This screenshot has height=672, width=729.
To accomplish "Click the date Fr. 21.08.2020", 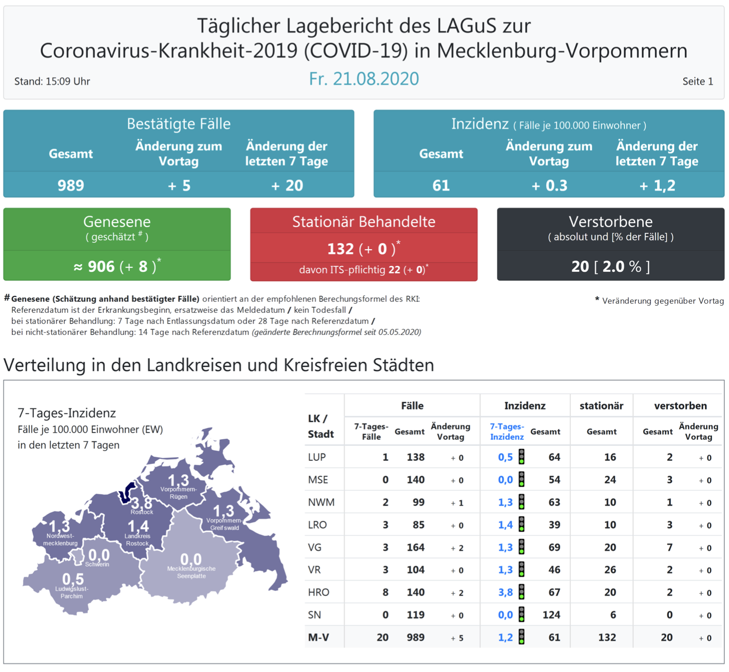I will click(x=363, y=79).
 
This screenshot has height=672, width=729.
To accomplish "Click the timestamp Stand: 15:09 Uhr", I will click(x=52, y=81).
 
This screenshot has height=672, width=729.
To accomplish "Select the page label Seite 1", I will click(x=697, y=81).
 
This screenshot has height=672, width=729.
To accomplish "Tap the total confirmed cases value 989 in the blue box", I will click(x=71, y=185).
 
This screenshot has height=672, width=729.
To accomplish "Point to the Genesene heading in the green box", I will click(x=117, y=221).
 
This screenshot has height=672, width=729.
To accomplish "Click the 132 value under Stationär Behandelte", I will click(x=340, y=249).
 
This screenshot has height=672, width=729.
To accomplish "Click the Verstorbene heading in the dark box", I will click(x=610, y=221).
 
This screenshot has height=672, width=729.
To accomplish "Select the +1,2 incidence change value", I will click(x=657, y=185).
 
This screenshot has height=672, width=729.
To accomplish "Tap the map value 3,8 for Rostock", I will click(x=141, y=502).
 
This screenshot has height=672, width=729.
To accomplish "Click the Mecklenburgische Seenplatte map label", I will click(x=191, y=572).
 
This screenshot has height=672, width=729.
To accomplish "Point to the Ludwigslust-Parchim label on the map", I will click(x=72, y=592).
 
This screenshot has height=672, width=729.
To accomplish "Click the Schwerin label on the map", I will click(x=97, y=564).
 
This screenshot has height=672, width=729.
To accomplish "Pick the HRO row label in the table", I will click(x=318, y=592).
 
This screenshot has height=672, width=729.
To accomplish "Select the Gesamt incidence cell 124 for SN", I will click(x=551, y=615).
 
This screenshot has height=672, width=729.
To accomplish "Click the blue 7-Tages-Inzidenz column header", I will click(x=507, y=432).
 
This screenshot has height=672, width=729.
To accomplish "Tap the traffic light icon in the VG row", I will click(x=522, y=547).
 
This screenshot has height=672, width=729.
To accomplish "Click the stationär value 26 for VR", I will click(x=610, y=570).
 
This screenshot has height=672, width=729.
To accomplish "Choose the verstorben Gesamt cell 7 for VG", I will click(x=669, y=547).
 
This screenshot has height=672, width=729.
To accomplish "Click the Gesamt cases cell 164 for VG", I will click(x=415, y=547).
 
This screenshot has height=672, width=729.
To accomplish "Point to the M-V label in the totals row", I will click(x=318, y=638).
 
